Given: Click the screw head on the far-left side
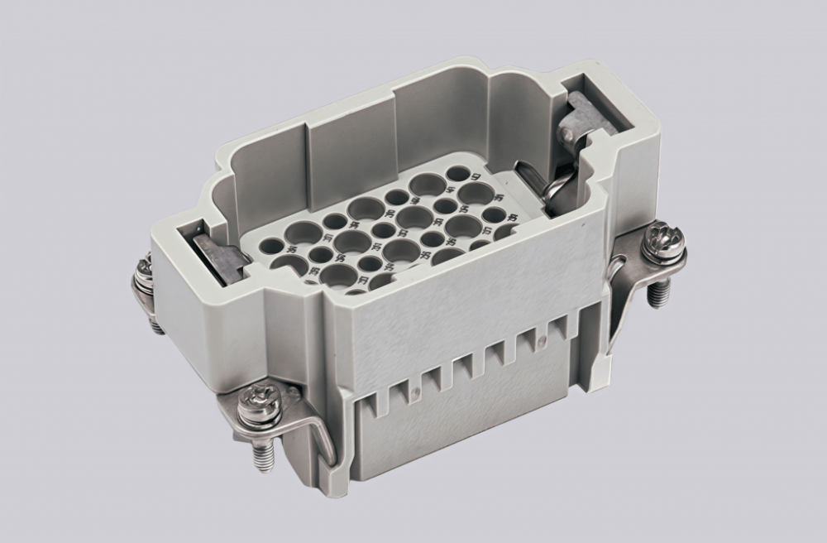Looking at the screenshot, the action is point(145,270).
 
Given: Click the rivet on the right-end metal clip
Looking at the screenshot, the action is point(568,133).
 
